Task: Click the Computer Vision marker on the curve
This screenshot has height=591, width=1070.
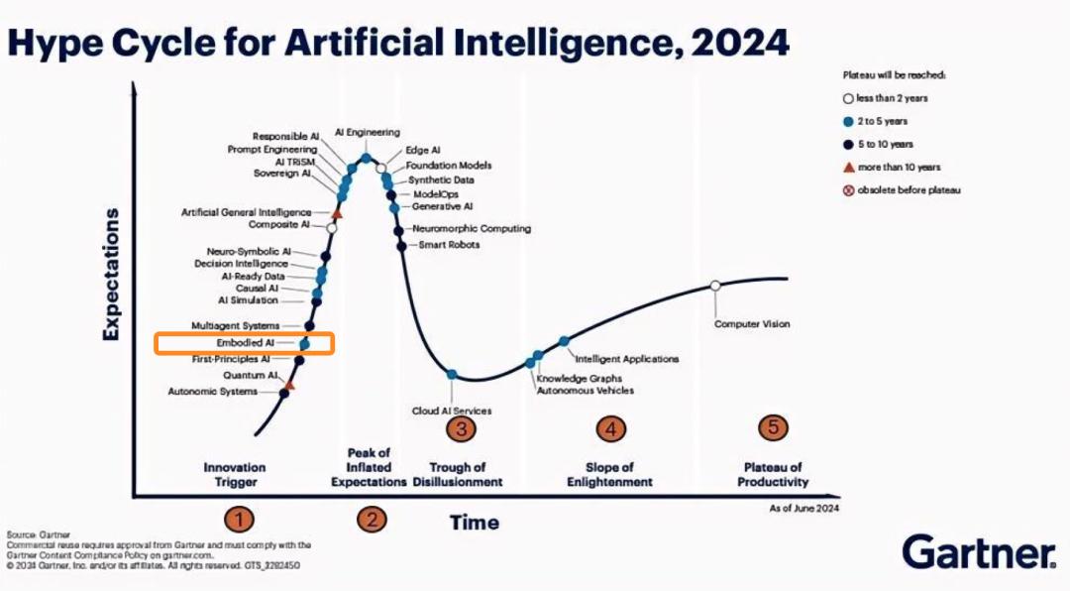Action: (x=715, y=286)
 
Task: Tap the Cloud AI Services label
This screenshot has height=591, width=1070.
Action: (x=452, y=411)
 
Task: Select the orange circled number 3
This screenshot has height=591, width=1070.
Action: (x=462, y=429)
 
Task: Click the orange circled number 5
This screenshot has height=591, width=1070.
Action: (x=773, y=427)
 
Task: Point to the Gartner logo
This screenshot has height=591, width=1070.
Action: (x=979, y=552)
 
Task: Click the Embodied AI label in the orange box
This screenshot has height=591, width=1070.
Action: (x=245, y=343)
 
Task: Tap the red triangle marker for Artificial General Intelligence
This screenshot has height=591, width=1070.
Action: (x=337, y=214)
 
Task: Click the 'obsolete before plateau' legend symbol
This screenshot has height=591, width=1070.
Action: (x=848, y=190)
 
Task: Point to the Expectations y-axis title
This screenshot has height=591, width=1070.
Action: (x=111, y=274)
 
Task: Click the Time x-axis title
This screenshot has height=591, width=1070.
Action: (x=475, y=523)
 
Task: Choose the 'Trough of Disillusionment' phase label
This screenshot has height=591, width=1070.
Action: (x=457, y=474)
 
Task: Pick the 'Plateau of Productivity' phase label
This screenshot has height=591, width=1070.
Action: (x=773, y=474)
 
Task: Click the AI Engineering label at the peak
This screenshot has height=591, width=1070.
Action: (x=368, y=133)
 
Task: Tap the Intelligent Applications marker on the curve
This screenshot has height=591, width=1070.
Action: (x=564, y=341)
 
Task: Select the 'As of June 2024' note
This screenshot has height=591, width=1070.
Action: (x=803, y=509)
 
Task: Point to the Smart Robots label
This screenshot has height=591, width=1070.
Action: (x=449, y=245)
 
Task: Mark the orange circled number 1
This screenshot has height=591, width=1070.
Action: (x=239, y=520)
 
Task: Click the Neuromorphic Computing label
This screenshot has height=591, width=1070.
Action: (x=472, y=229)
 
